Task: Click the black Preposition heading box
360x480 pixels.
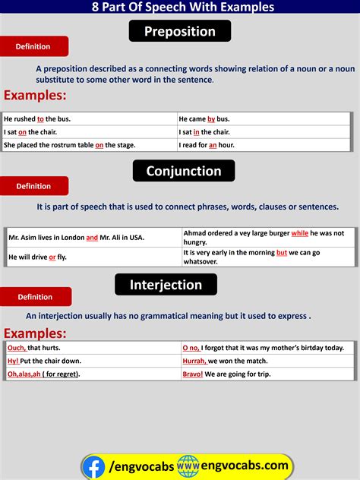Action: point(180,32)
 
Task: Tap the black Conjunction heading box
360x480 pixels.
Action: point(184,171)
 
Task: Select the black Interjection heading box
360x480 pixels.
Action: point(166,285)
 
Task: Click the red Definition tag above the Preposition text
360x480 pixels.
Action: point(33,47)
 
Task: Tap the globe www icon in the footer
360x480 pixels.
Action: point(188,466)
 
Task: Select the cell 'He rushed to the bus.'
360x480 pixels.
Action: point(89,119)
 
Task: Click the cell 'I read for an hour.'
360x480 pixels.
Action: point(264,145)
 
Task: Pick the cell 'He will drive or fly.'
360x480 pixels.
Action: point(93,257)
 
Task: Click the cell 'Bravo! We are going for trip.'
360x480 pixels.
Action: point(267,374)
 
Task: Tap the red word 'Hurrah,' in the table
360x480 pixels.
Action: point(194,361)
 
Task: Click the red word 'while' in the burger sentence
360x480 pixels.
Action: point(299,233)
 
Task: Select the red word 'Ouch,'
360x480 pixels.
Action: point(17,348)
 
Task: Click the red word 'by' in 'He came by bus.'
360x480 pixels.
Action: point(211,119)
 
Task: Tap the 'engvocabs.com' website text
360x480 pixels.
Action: point(245,465)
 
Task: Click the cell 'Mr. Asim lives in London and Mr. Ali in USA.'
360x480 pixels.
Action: point(93,238)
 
